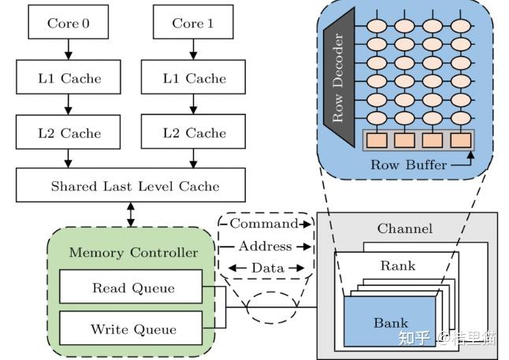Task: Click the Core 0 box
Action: [x=68, y=24]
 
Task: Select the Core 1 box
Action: [x=193, y=24]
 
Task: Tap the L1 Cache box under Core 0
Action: [x=68, y=78]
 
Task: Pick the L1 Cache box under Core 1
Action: [x=193, y=78]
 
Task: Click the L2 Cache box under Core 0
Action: [x=68, y=133]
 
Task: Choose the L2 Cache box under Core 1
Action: [x=193, y=133]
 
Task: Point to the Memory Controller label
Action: [x=134, y=253]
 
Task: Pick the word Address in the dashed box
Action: [x=265, y=247]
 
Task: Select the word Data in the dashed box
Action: [x=267, y=268]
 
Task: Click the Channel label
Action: [x=405, y=229]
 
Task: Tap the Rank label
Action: [x=397, y=265]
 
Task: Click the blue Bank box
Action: [x=391, y=322]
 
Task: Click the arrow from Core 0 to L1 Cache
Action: [x=68, y=49]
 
